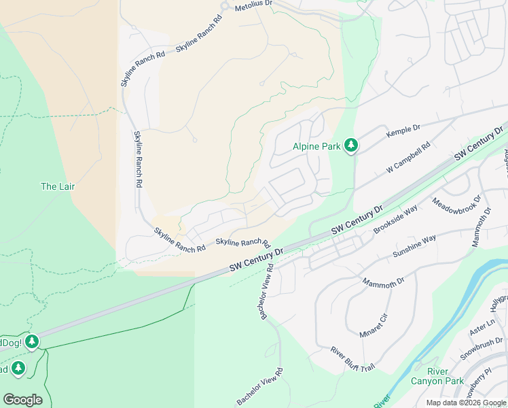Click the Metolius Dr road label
tap(253, 4)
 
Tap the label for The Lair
tap(58, 186)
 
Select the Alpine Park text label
tap(316, 146)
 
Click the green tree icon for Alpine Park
tap(350, 146)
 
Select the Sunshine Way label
tap(414, 247)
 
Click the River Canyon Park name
tap(437, 376)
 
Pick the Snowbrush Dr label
tap(481, 347)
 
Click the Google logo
tap(22, 400)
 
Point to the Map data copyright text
tap(465, 403)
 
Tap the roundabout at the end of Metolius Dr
tap(225, 6)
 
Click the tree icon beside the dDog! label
tap(32, 343)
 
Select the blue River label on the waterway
tap(382, 401)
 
